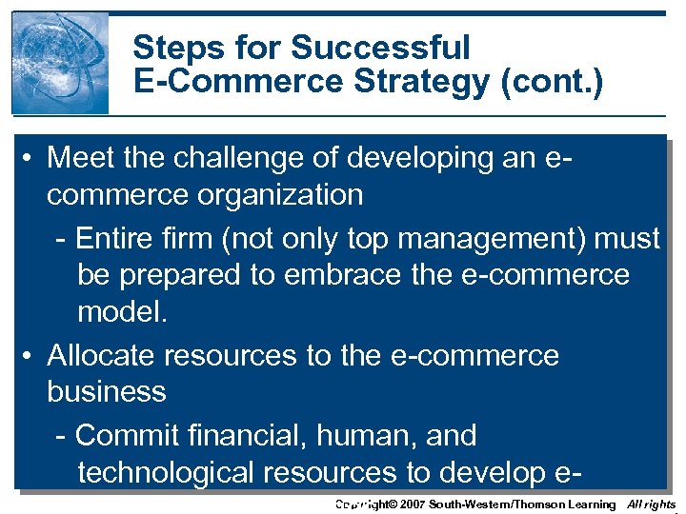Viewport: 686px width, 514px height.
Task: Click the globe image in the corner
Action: click(60, 63)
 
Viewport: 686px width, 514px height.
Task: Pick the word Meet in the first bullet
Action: click(79, 158)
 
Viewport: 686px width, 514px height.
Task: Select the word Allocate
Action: click(101, 355)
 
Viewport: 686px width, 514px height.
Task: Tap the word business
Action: click(107, 391)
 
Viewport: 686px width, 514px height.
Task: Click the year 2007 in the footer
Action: click(408, 504)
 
